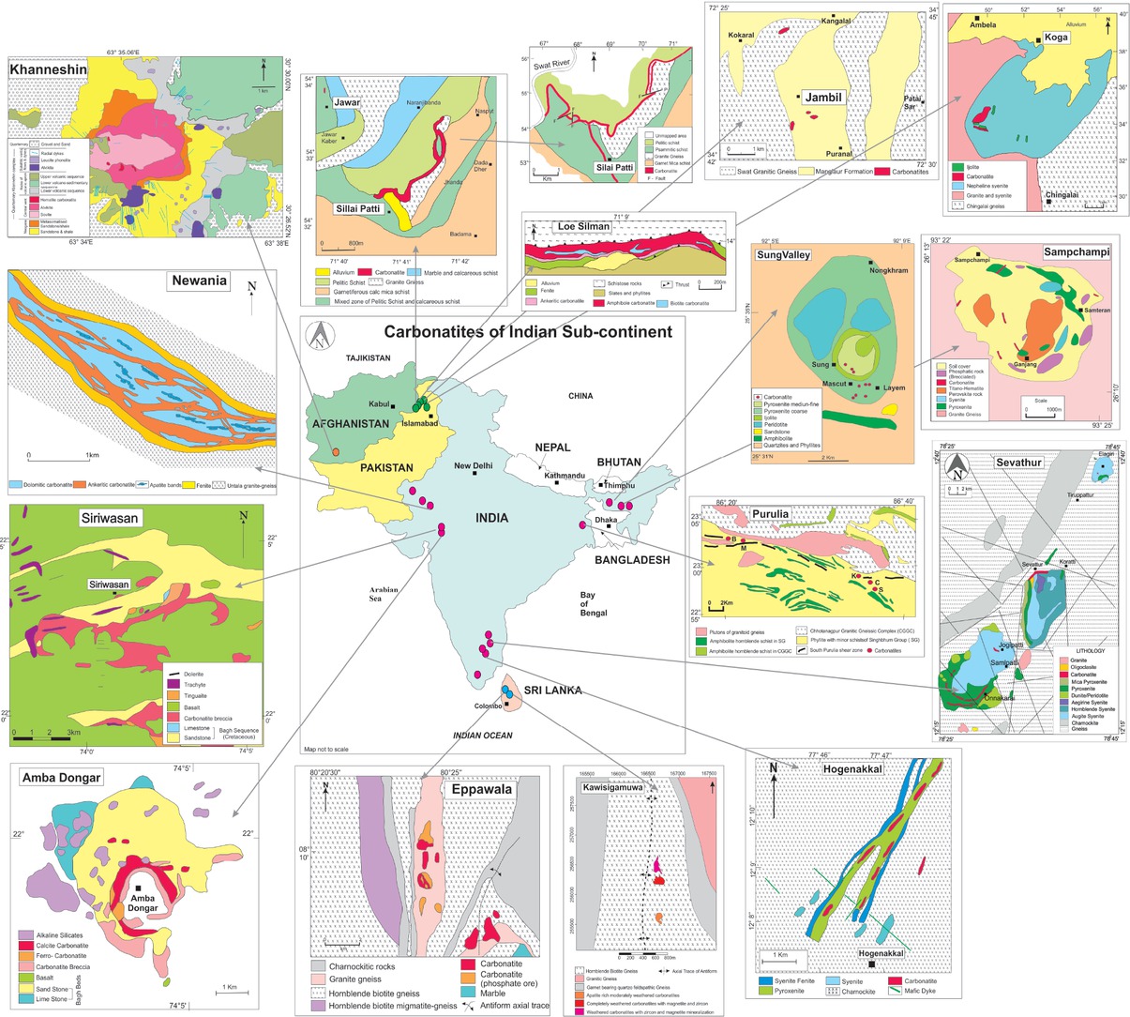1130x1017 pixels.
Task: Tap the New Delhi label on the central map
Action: click(474, 465)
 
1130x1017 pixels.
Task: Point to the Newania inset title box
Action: click(199, 281)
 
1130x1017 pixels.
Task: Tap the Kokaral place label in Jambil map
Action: click(741, 35)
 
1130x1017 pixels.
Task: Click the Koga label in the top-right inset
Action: click(1053, 40)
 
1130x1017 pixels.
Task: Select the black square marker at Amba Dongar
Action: click(138, 888)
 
